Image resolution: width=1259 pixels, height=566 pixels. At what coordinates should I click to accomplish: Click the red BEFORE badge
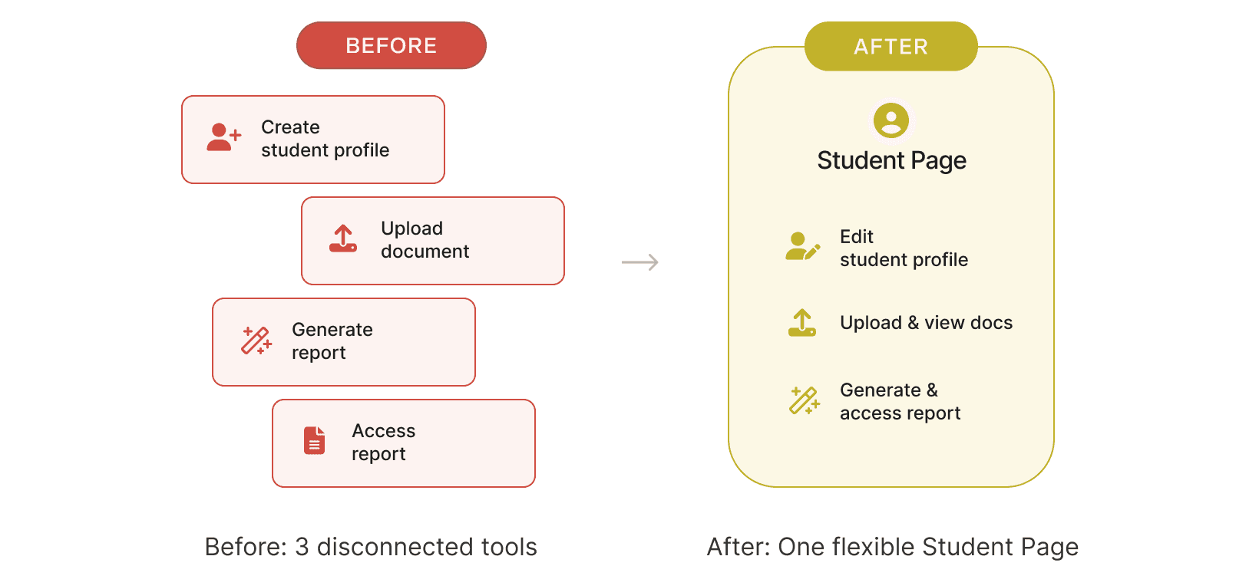pyautogui.click(x=391, y=45)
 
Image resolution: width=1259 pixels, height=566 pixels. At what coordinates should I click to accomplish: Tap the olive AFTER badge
pyautogui.click(x=891, y=47)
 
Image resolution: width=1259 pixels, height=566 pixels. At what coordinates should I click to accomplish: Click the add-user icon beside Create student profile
pyautogui.click(x=223, y=137)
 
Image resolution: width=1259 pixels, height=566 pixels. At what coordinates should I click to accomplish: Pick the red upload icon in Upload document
pyautogui.click(x=343, y=239)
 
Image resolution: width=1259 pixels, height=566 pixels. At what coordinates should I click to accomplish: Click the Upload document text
pyautogui.click(x=425, y=239)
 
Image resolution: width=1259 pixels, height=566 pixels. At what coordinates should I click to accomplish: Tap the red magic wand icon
pyautogui.click(x=256, y=340)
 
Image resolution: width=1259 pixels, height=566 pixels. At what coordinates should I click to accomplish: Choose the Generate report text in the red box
pyautogui.click(x=332, y=341)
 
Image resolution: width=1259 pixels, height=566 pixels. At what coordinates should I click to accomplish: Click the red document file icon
pyautogui.click(x=315, y=440)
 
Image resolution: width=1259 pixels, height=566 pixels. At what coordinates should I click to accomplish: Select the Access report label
pyautogui.click(x=383, y=442)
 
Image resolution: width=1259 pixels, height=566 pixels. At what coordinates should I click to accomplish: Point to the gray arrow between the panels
pyautogui.click(x=639, y=262)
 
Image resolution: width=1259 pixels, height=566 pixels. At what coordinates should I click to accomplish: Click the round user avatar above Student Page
pyautogui.click(x=891, y=120)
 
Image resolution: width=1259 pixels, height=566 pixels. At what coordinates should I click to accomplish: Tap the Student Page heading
pyautogui.click(x=891, y=160)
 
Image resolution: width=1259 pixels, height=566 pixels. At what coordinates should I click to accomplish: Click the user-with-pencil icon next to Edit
pyautogui.click(x=802, y=246)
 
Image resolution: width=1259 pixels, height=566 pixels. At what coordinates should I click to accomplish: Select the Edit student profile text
pyautogui.click(x=904, y=248)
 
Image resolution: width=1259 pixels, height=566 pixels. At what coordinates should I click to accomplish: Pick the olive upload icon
pyautogui.click(x=802, y=323)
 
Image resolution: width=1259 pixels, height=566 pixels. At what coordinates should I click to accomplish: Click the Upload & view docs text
pyautogui.click(x=926, y=323)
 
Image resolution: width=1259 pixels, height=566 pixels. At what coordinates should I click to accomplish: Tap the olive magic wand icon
pyautogui.click(x=805, y=400)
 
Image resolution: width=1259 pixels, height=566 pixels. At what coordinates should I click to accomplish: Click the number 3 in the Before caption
pyautogui.click(x=302, y=547)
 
